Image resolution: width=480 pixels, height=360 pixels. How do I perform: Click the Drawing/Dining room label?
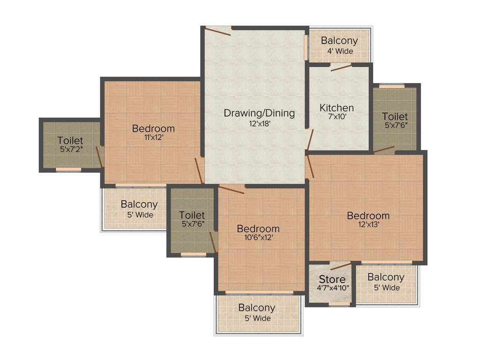click(x=259, y=113)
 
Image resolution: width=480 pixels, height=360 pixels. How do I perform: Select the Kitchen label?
click(x=337, y=108)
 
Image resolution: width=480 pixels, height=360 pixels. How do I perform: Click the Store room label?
click(x=332, y=279)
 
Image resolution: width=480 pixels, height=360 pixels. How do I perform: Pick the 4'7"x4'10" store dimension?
click(x=332, y=288)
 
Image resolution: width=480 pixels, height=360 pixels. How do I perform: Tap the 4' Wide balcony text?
click(x=340, y=51)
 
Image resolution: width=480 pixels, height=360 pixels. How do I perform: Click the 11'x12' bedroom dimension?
click(x=153, y=138)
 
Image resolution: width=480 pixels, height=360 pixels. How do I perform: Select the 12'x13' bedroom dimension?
click(x=368, y=225)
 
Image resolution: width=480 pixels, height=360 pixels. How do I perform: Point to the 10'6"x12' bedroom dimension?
click(x=258, y=238)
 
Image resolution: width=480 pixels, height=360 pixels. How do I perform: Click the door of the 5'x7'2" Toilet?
click(x=100, y=157)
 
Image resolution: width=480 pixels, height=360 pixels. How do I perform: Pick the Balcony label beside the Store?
click(x=386, y=277)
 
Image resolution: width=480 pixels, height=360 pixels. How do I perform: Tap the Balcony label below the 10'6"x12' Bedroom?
click(x=256, y=308)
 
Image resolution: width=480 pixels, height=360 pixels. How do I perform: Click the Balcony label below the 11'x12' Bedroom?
click(x=139, y=205)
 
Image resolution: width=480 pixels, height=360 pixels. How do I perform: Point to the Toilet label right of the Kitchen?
click(x=395, y=116)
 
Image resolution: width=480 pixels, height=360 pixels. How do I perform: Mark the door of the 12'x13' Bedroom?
click(x=309, y=167)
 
